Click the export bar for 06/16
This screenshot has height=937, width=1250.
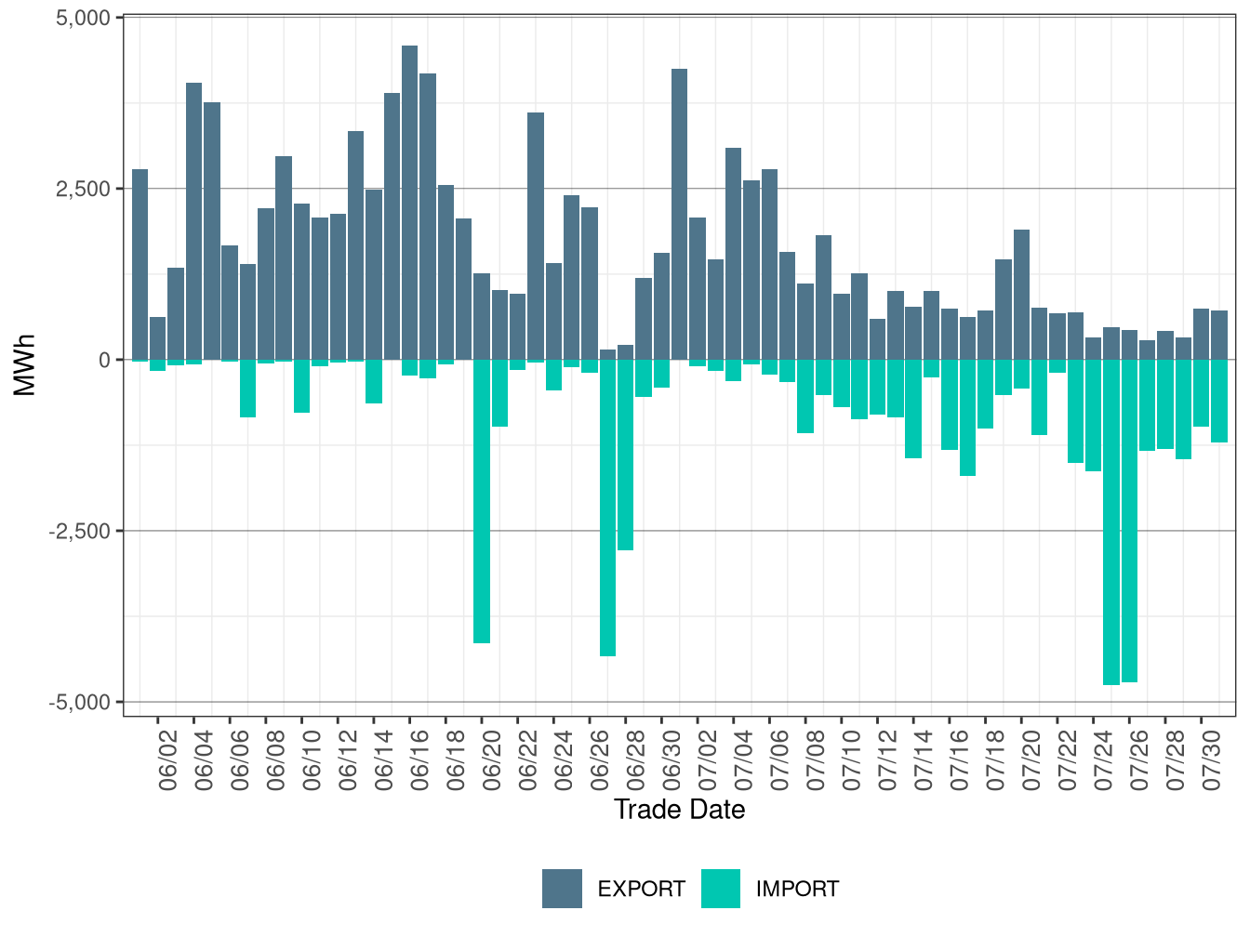409,203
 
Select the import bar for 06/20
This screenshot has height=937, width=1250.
482,501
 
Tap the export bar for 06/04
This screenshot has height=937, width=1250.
193,221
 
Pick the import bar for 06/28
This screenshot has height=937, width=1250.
625,455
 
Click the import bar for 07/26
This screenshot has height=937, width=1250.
1129,521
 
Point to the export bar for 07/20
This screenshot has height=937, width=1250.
1021,295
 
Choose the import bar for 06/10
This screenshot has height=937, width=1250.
302,386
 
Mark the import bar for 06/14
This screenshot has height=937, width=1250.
374,381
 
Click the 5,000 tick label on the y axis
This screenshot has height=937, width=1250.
83,18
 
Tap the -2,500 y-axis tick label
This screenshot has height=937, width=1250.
80,532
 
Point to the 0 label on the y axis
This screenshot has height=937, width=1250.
105,360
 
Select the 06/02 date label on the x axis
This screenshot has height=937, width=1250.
168,760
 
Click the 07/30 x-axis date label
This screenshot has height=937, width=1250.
1211,760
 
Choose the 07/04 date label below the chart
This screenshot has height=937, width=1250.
743,760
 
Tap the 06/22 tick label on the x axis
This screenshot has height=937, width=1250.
528,760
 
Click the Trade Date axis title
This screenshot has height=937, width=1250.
679,810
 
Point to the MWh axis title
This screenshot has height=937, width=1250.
24,365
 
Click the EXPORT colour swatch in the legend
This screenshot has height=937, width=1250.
562,889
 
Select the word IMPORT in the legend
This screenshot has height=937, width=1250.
797,889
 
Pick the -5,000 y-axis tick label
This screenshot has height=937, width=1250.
80,703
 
